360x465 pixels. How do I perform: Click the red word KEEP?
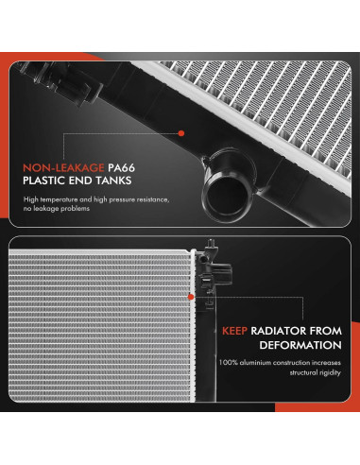[x=235, y=331]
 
